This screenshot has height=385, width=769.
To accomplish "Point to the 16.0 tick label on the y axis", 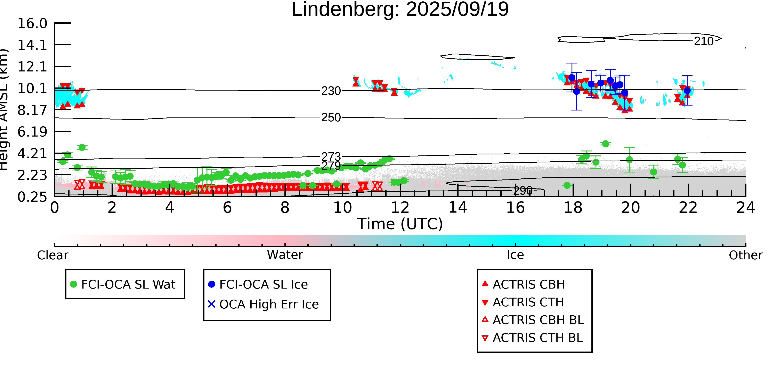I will point(32,24).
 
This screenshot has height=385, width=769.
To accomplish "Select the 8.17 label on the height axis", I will point(32,110).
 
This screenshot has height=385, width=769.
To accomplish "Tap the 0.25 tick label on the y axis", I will point(32,197).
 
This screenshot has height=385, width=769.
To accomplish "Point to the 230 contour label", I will point(331,91).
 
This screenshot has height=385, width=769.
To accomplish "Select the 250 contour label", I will point(331,117).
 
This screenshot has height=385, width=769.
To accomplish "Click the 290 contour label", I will point(523,190).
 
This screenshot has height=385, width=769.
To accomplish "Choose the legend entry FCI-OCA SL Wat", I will point(128,284).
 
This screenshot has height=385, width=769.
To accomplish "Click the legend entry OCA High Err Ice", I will point(269,304).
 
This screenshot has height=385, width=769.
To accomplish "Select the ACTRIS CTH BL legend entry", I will point(537,338).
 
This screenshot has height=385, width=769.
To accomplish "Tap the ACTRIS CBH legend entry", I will point(528,284).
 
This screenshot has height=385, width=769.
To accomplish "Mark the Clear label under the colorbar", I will point(52,255).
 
